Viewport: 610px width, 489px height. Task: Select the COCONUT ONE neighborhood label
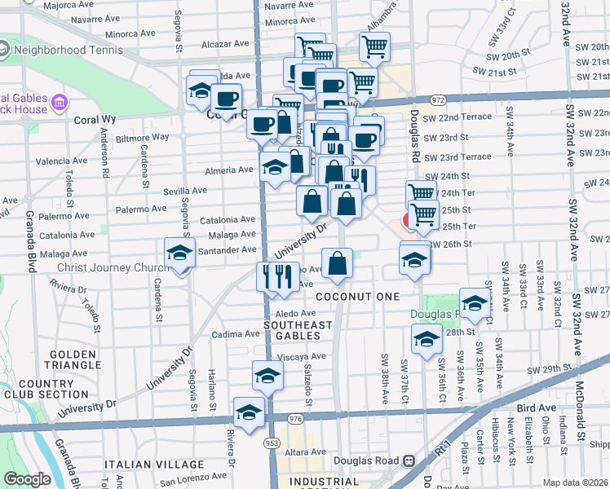click(360, 296)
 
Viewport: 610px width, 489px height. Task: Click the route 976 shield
click(294, 418)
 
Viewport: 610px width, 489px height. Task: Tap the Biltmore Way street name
click(142, 137)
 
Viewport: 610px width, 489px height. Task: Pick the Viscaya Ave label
click(301, 356)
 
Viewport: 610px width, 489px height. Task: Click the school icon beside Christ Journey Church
click(179, 253)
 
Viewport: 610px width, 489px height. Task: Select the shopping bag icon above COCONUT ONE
click(336, 262)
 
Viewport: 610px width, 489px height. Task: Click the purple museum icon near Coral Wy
click(60, 103)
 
